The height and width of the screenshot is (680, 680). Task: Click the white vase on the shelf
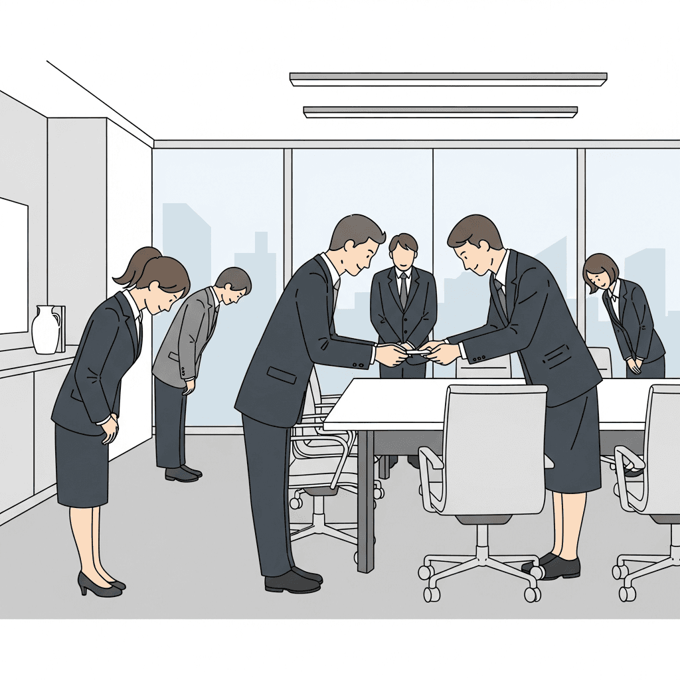(46, 329)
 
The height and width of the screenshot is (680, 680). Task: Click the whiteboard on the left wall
(13, 266)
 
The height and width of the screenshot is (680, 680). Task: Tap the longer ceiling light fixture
(448, 79)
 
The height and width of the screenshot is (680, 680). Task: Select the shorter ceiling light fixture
(440, 112)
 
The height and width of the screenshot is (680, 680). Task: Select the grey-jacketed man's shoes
(182, 473)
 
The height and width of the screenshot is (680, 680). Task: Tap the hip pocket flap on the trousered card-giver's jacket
(282, 375)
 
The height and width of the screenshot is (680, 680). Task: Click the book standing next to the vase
(62, 328)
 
